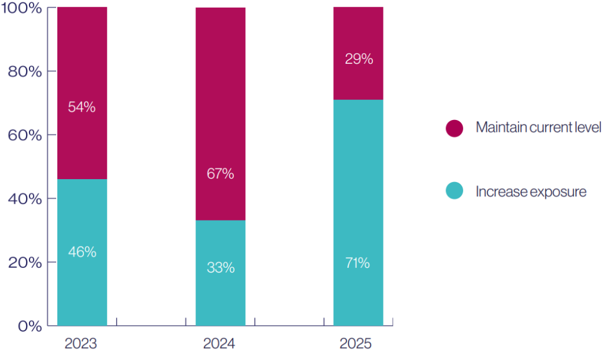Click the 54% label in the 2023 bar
(82, 108)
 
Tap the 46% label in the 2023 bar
(82, 252)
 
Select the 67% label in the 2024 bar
(220, 174)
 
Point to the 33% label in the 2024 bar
(220, 268)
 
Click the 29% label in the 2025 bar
(359, 59)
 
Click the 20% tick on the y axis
(24, 262)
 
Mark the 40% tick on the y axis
(24, 199)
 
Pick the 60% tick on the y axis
(24, 135)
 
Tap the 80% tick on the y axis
(24, 72)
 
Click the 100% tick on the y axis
(21, 8)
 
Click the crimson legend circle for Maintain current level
(454, 128)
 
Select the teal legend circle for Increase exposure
(454, 191)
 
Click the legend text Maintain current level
(538, 128)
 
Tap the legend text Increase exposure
(531, 192)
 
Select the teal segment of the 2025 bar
(358, 213)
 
